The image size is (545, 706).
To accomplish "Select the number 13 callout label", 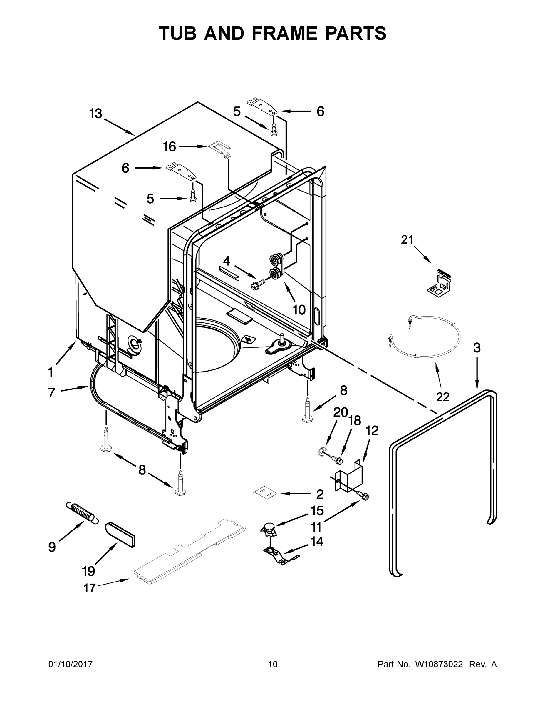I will click(x=95, y=114).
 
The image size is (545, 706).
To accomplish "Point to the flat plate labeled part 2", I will click(x=265, y=493).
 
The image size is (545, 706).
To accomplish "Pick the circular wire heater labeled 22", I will click(x=423, y=338).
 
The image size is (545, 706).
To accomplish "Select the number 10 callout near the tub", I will click(x=299, y=310).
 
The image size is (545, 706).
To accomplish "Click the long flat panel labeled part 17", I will click(x=190, y=550).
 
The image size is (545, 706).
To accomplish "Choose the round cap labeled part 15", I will click(x=269, y=529).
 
